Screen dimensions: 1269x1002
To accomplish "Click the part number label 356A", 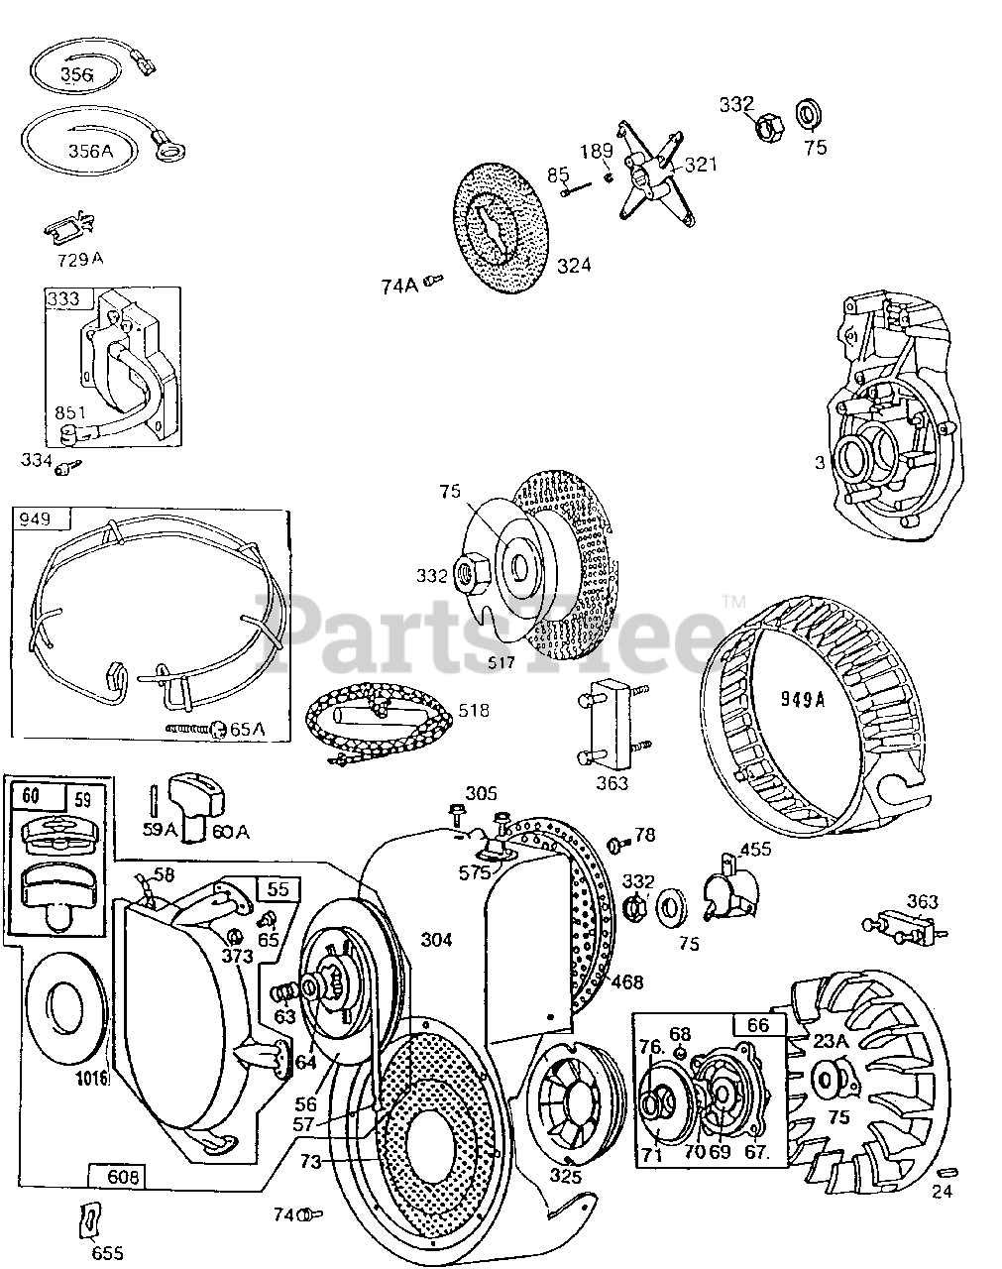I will tap(90, 151).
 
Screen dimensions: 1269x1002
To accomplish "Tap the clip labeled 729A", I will tap(68, 230).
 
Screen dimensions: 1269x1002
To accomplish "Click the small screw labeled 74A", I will tap(432, 283).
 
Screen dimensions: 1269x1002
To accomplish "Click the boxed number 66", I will tap(758, 1025).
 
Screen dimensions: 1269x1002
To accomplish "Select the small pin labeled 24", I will tap(946, 1175).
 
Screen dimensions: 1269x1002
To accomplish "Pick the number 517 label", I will tap(501, 661).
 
